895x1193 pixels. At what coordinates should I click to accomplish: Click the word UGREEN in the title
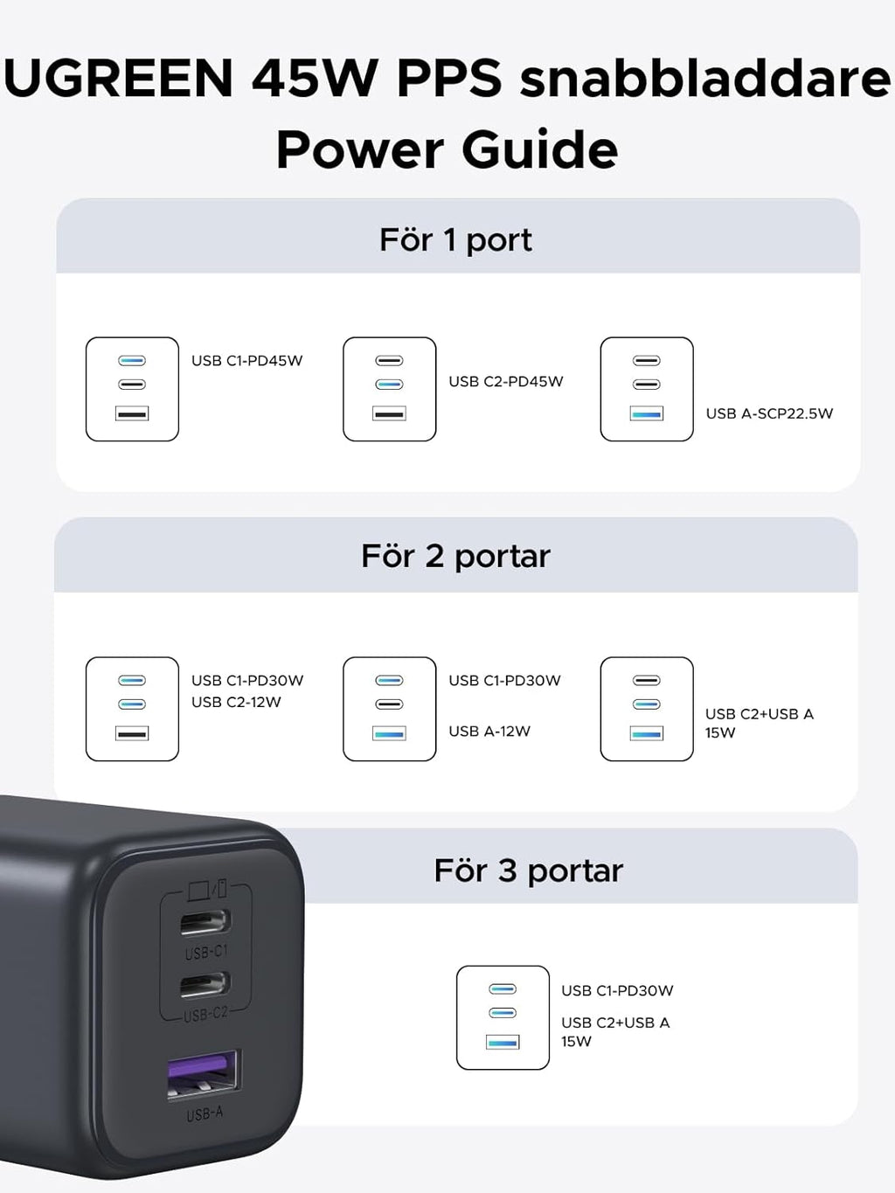119,78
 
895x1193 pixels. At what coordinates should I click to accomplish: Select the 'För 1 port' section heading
455,240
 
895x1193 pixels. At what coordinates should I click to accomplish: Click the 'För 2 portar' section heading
455,557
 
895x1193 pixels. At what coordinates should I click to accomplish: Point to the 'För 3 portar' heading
528,870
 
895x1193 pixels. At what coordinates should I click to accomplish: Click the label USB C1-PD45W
246,361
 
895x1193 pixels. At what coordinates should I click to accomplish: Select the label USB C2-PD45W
505,382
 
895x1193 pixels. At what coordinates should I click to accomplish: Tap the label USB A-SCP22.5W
769,413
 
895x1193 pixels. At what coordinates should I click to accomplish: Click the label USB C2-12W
236,702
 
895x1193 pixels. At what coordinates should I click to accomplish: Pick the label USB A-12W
489,731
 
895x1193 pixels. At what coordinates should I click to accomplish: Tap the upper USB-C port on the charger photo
205,922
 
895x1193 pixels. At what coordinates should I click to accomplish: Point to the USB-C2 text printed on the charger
205,1014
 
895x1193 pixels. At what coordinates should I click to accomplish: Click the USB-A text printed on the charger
205,1114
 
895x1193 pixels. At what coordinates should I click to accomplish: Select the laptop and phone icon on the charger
208,889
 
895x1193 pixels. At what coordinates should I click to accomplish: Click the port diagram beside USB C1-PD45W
132,389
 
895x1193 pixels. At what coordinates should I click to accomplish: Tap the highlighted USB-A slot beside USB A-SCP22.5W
647,413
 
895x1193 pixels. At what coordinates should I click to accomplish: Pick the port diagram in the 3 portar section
503,1017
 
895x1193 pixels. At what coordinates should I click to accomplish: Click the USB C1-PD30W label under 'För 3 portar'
617,991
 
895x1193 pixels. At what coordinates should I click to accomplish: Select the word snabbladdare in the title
704,78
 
